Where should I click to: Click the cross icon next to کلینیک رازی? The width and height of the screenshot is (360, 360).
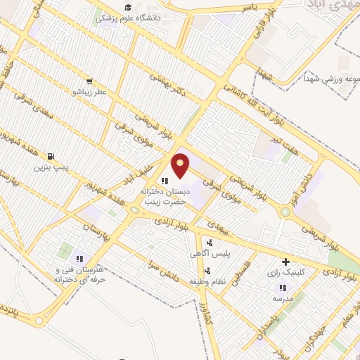[285, 261]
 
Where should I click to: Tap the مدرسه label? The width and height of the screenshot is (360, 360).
[283, 298]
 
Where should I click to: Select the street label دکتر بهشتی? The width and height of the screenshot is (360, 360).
[172, 91]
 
